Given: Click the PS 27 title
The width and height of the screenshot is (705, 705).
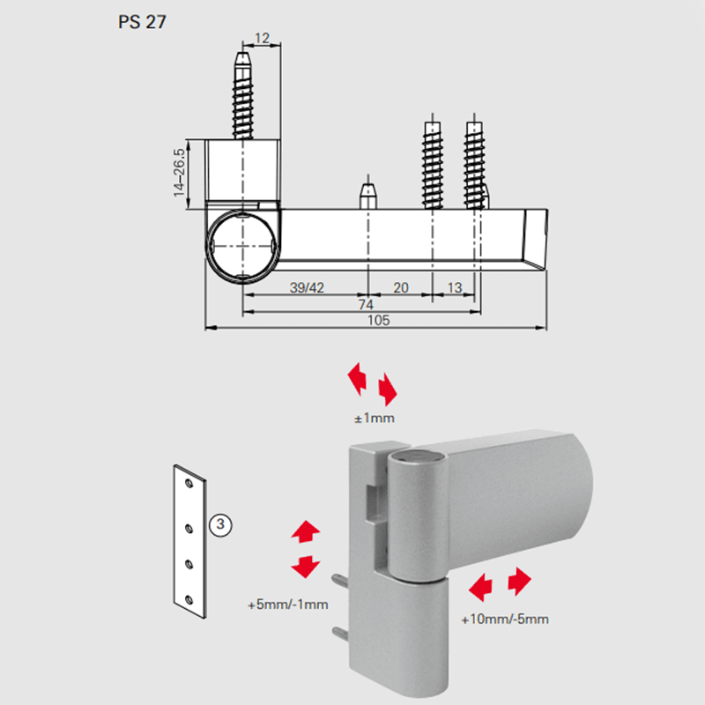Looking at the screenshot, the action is pyautogui.click(x=142, y=22).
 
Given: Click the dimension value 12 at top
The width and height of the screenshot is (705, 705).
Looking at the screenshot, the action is pyautogui.click(x=262, y=38).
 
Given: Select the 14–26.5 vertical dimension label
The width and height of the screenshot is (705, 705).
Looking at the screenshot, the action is pyautogui.click(x=179, y=173).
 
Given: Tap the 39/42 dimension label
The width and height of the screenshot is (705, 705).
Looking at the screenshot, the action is pyautogui.click(x=307, y=288).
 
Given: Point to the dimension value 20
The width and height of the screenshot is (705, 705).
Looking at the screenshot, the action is pyautogui.click(x=401, y=288).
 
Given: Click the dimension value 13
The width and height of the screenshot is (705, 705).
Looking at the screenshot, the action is pyautogui.click(x=455, y=288).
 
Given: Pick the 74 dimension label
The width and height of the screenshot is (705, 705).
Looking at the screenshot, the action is pyautogui.click(x=366, y=305).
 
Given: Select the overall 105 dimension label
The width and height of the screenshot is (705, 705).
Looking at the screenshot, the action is pyautogui.click(x=378, y=321).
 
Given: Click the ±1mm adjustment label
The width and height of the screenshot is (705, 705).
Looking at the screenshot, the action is pyautogui.click(x=374, y=418).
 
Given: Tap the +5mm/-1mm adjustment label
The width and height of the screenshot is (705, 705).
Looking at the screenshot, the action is pyautogui.click(x=288, y=605).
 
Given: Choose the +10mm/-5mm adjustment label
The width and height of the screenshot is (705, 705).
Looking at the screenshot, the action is pyautogui.click(x=505, y=620).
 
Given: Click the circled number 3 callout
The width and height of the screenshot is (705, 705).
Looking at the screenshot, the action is pyautogui.click(x=220, y=524).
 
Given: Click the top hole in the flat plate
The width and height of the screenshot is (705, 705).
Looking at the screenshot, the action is pyautogui.click(x=189, y=484).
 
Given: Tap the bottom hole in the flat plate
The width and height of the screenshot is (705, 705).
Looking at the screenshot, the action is pyautogui.click(x=189, y=600).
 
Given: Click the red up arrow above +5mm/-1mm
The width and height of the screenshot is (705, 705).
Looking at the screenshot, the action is pyautogui.click(x=306, y=531).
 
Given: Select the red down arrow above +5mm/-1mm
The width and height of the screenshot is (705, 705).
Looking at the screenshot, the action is pyautogui.click(x=306, y=567).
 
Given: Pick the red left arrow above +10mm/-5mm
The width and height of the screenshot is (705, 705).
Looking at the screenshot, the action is pyautogui.click(x=480, y=587).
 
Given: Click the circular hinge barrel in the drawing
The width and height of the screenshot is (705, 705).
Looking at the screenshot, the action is pyautogui.click(x=242, y=246).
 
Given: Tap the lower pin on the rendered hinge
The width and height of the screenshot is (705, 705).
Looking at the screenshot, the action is pyautogui.click(x=340, y=634).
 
